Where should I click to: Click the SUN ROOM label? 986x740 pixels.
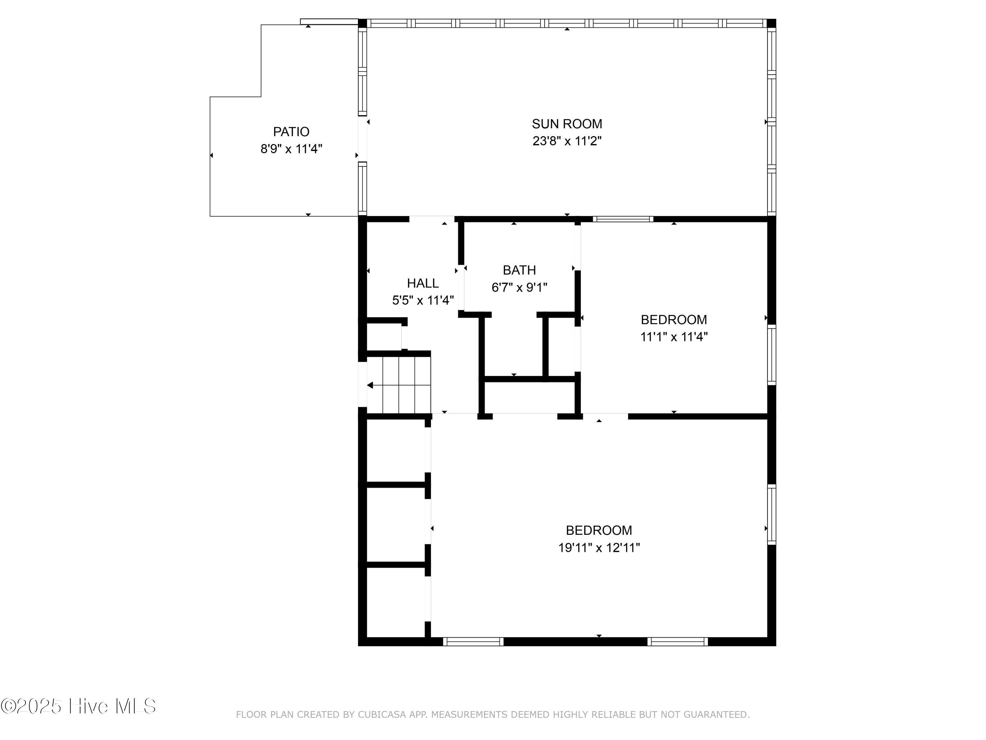pos(567,124)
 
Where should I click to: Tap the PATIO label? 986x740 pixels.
pos(291,132)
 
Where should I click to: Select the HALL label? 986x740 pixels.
pos(423,283)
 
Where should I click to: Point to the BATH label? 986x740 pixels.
pos(519,270)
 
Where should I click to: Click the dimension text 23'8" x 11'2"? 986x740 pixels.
pos(567,141)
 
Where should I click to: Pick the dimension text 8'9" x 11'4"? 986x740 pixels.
pos(291,149)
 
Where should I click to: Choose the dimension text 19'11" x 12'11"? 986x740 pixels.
pos(599,547)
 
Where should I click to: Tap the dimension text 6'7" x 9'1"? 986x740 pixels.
pos(519,287)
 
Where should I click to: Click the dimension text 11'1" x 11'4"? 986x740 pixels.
pos(674,337)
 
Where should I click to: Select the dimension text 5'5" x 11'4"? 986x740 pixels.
pos(423,300)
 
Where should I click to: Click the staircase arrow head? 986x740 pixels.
pos(370,385)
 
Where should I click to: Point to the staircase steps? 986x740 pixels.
pos(407,385)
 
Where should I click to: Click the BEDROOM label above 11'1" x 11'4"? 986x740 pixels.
pos(674,319)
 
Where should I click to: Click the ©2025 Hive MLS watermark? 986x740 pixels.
pos(79,706)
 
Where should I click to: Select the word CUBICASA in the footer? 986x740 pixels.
pos(382,715)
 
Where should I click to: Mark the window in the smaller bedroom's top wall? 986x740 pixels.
pos(623,219)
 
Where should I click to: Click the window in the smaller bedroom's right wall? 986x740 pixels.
pos(772,355)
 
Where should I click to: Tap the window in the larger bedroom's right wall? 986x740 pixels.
pos(772,515)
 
